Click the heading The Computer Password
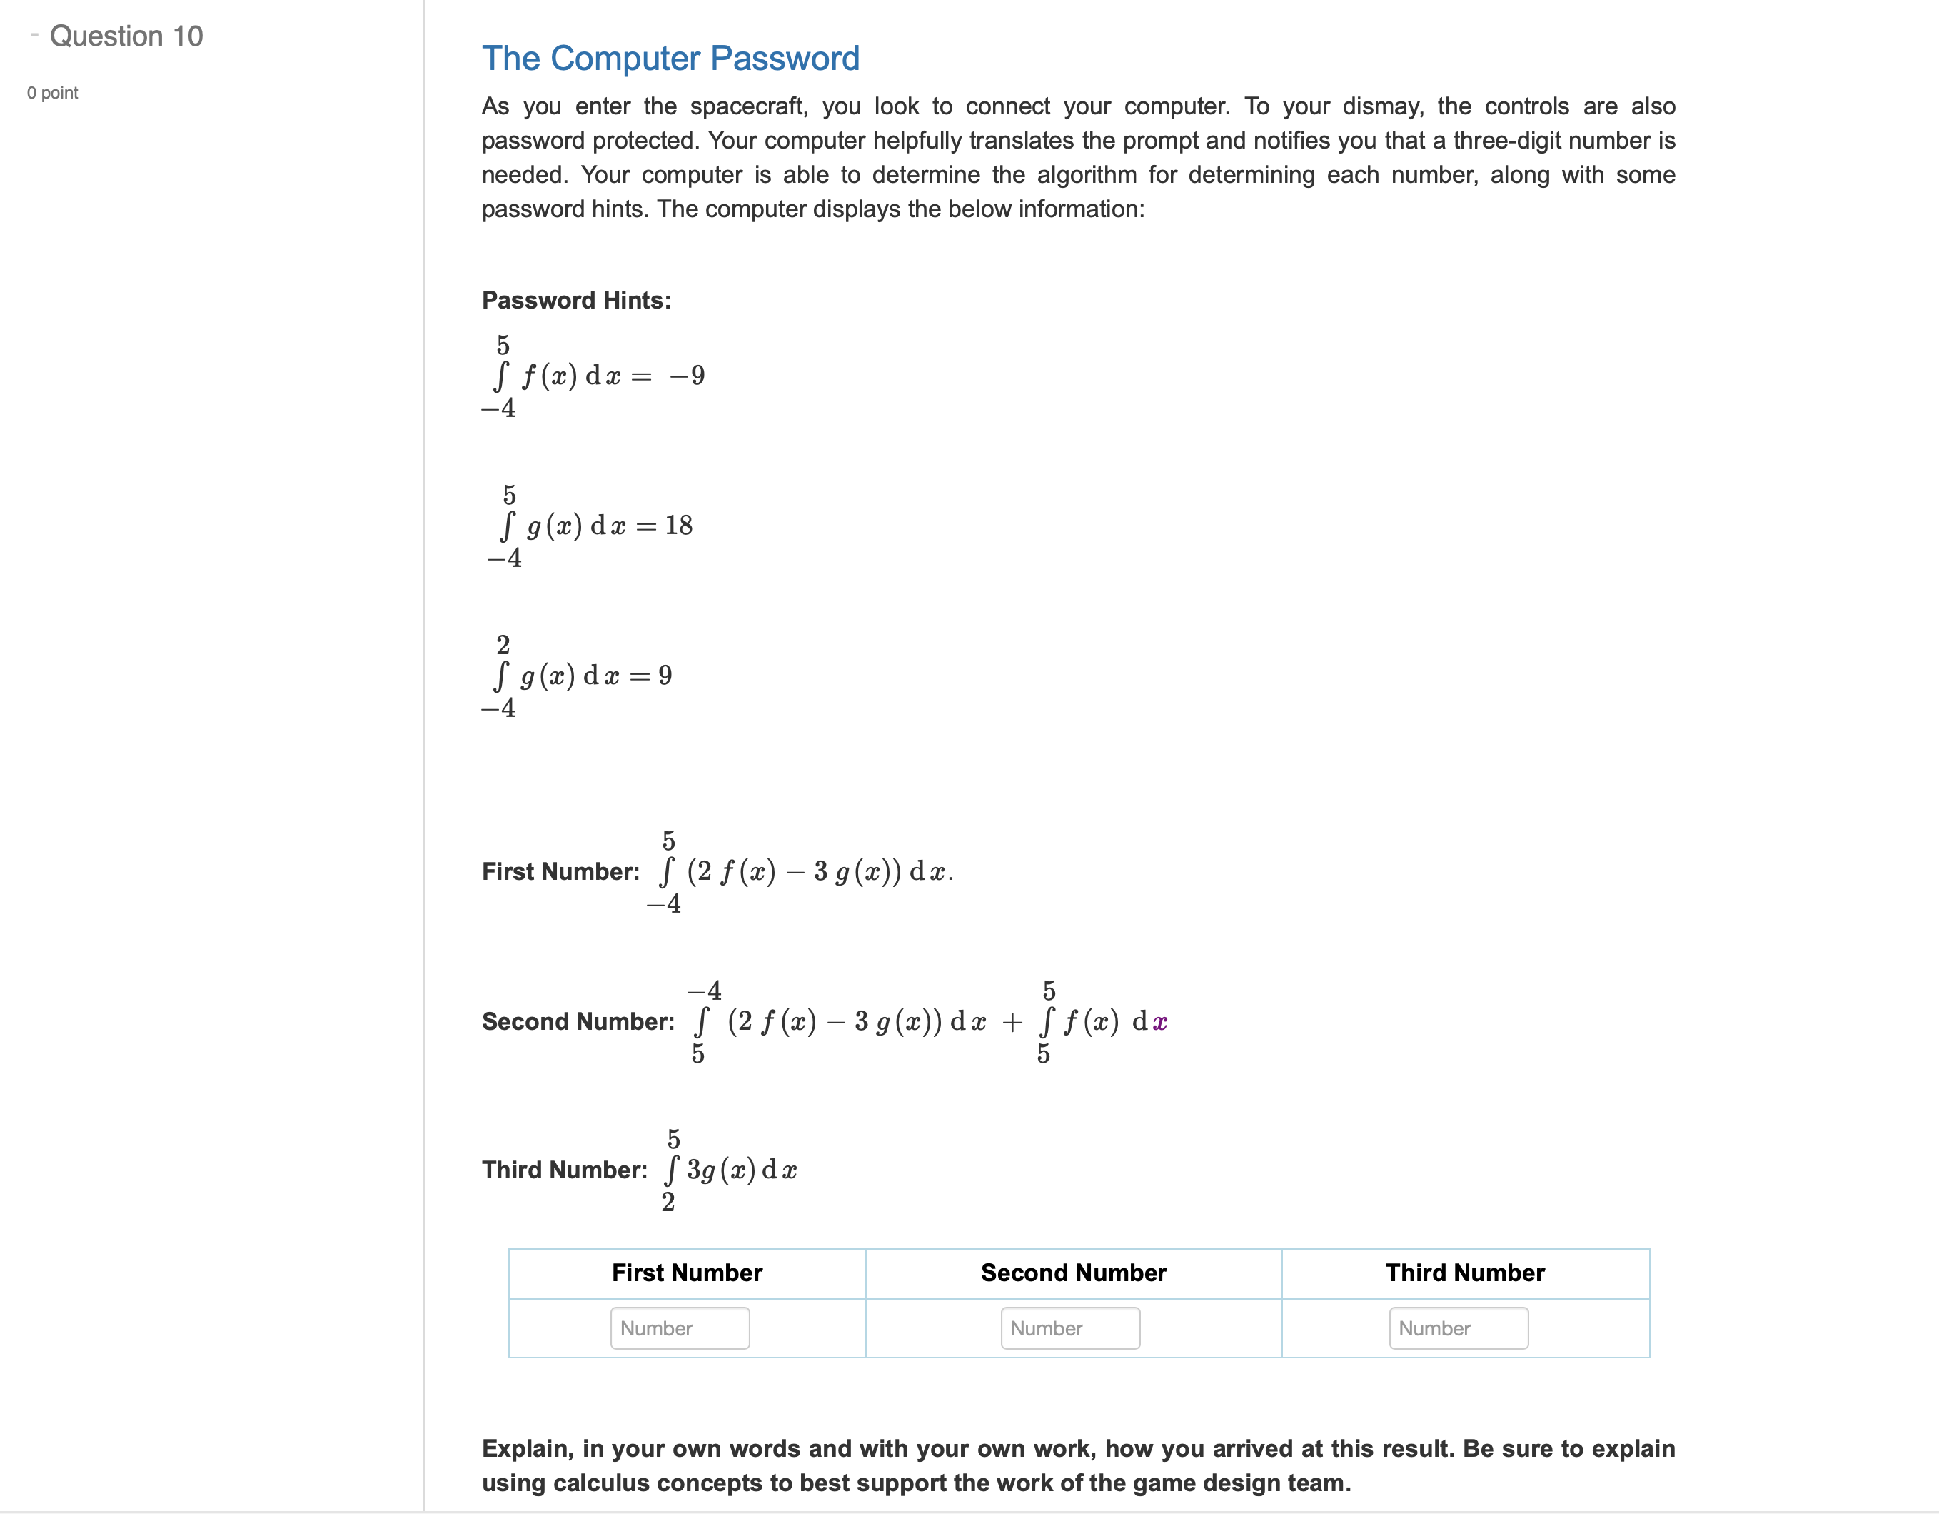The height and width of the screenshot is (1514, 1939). tap(670, 59)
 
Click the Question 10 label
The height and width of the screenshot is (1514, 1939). tap(126, 36)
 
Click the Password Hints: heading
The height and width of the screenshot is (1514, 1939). tap(576, 300)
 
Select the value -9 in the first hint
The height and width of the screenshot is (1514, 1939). tap(688, 376)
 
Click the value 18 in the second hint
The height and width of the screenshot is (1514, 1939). tap(678, 526)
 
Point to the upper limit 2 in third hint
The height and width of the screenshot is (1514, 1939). tap(503, 645)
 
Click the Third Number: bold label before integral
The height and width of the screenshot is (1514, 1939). tap(565, 1170)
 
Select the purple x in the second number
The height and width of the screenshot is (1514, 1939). tap(1159, 1023)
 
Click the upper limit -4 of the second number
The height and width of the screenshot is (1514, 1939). tap(705, 990)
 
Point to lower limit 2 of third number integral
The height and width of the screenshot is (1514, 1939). tap(668, 1203)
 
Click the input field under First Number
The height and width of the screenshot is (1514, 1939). tap(679, 1328)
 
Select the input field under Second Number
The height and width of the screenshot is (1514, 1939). tap(1070, 1328)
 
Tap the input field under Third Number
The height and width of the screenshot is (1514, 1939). tap(1458, 1328)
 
